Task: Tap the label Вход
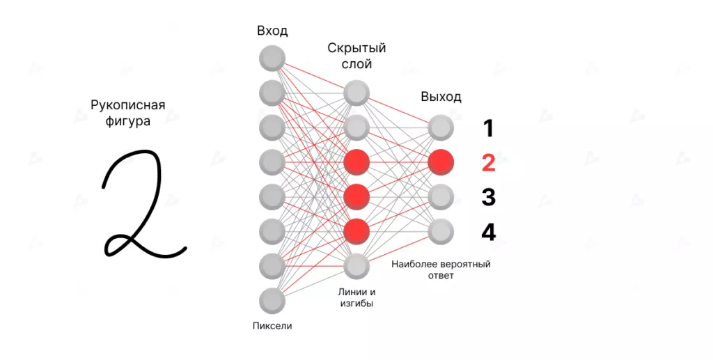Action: pyautogui.click(x=272, y=31)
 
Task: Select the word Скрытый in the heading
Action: pyautogui.click(x=356, y=49)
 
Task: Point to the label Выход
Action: pyautogui.click(x=441, y=97)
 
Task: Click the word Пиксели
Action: pyautogui.click(x=272, y=325)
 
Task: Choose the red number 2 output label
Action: pyautogui.click(x=488, y=163)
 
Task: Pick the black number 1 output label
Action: pyautogui.click(x=488, y=128)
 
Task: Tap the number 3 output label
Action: pyautogui.click(x=488, y=197)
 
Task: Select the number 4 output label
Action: pyautogui.click(x=488, y=231)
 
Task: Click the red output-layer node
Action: pyautogui.click(x=441, y=162)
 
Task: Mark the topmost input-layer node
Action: pyautogui.click(x=272, y=58)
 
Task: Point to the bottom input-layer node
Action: pyautogui.click(x=272, y=301)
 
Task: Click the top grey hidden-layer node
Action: pyautogui.click(x=356, y=93)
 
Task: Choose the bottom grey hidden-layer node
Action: pyautogui.click(x=356, y=266)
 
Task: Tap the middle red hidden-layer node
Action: pyautogui.click(x=356, y=197)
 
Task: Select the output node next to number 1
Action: pyautogui.click(x=441, y=127)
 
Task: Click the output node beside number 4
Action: pyautogui.click(x=441, y=231)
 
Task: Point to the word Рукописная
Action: pyautogui.click(x=128, y=106)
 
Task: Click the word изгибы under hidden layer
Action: pyautogui.click(x=356, y=304)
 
